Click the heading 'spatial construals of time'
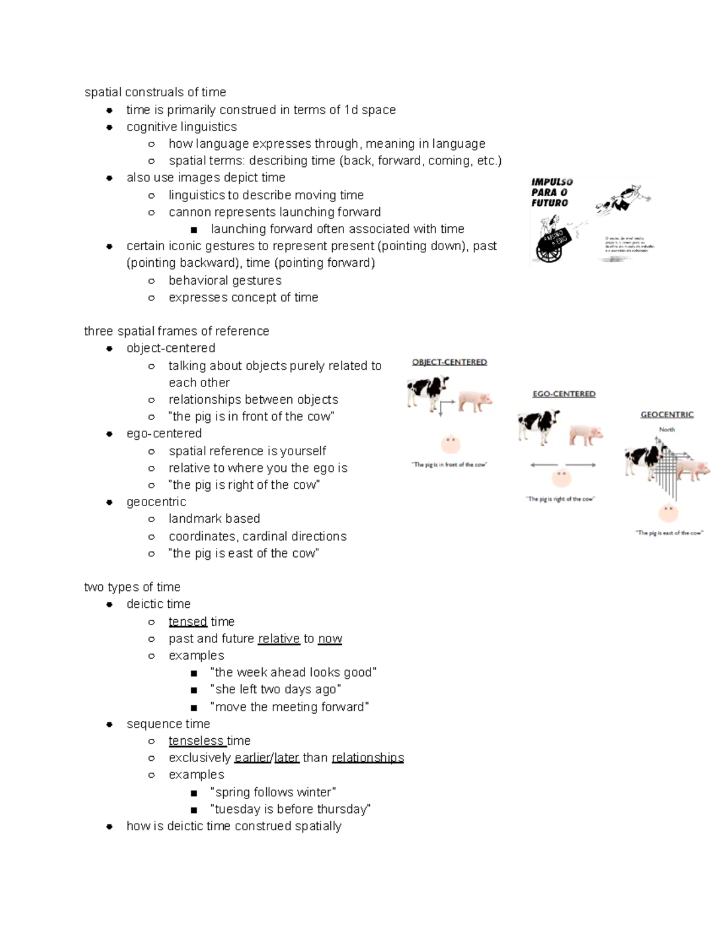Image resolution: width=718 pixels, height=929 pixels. pos(155,92)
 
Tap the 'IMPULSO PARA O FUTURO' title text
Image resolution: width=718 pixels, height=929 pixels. pos(552,192)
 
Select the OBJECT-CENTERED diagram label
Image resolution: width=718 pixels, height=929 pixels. pos(449,362)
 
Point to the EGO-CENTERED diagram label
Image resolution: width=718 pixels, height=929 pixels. pos(564,394)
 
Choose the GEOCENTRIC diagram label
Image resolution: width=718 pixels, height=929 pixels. pos(667,414)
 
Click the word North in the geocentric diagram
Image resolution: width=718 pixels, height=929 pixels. pos(667,430)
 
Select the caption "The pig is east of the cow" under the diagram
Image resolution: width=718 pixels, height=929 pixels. pos(669,532)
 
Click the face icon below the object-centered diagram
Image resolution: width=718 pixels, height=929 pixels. pos(450,443)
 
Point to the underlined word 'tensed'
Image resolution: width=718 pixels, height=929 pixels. pos(188,622)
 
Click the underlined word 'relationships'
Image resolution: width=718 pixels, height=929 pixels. pos(367,757)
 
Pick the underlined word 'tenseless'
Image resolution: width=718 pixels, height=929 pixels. pos(197,741)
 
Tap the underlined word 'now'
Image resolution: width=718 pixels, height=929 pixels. pos(330,638)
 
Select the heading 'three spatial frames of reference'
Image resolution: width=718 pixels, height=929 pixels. pos(177,331)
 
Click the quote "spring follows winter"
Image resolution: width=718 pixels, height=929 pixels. pos(273,792)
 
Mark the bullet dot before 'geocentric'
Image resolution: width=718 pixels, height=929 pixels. pos(109,502)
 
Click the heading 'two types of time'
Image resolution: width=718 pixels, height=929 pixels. pos(132,587)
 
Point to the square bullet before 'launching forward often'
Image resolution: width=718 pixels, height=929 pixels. pos(193,230)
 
